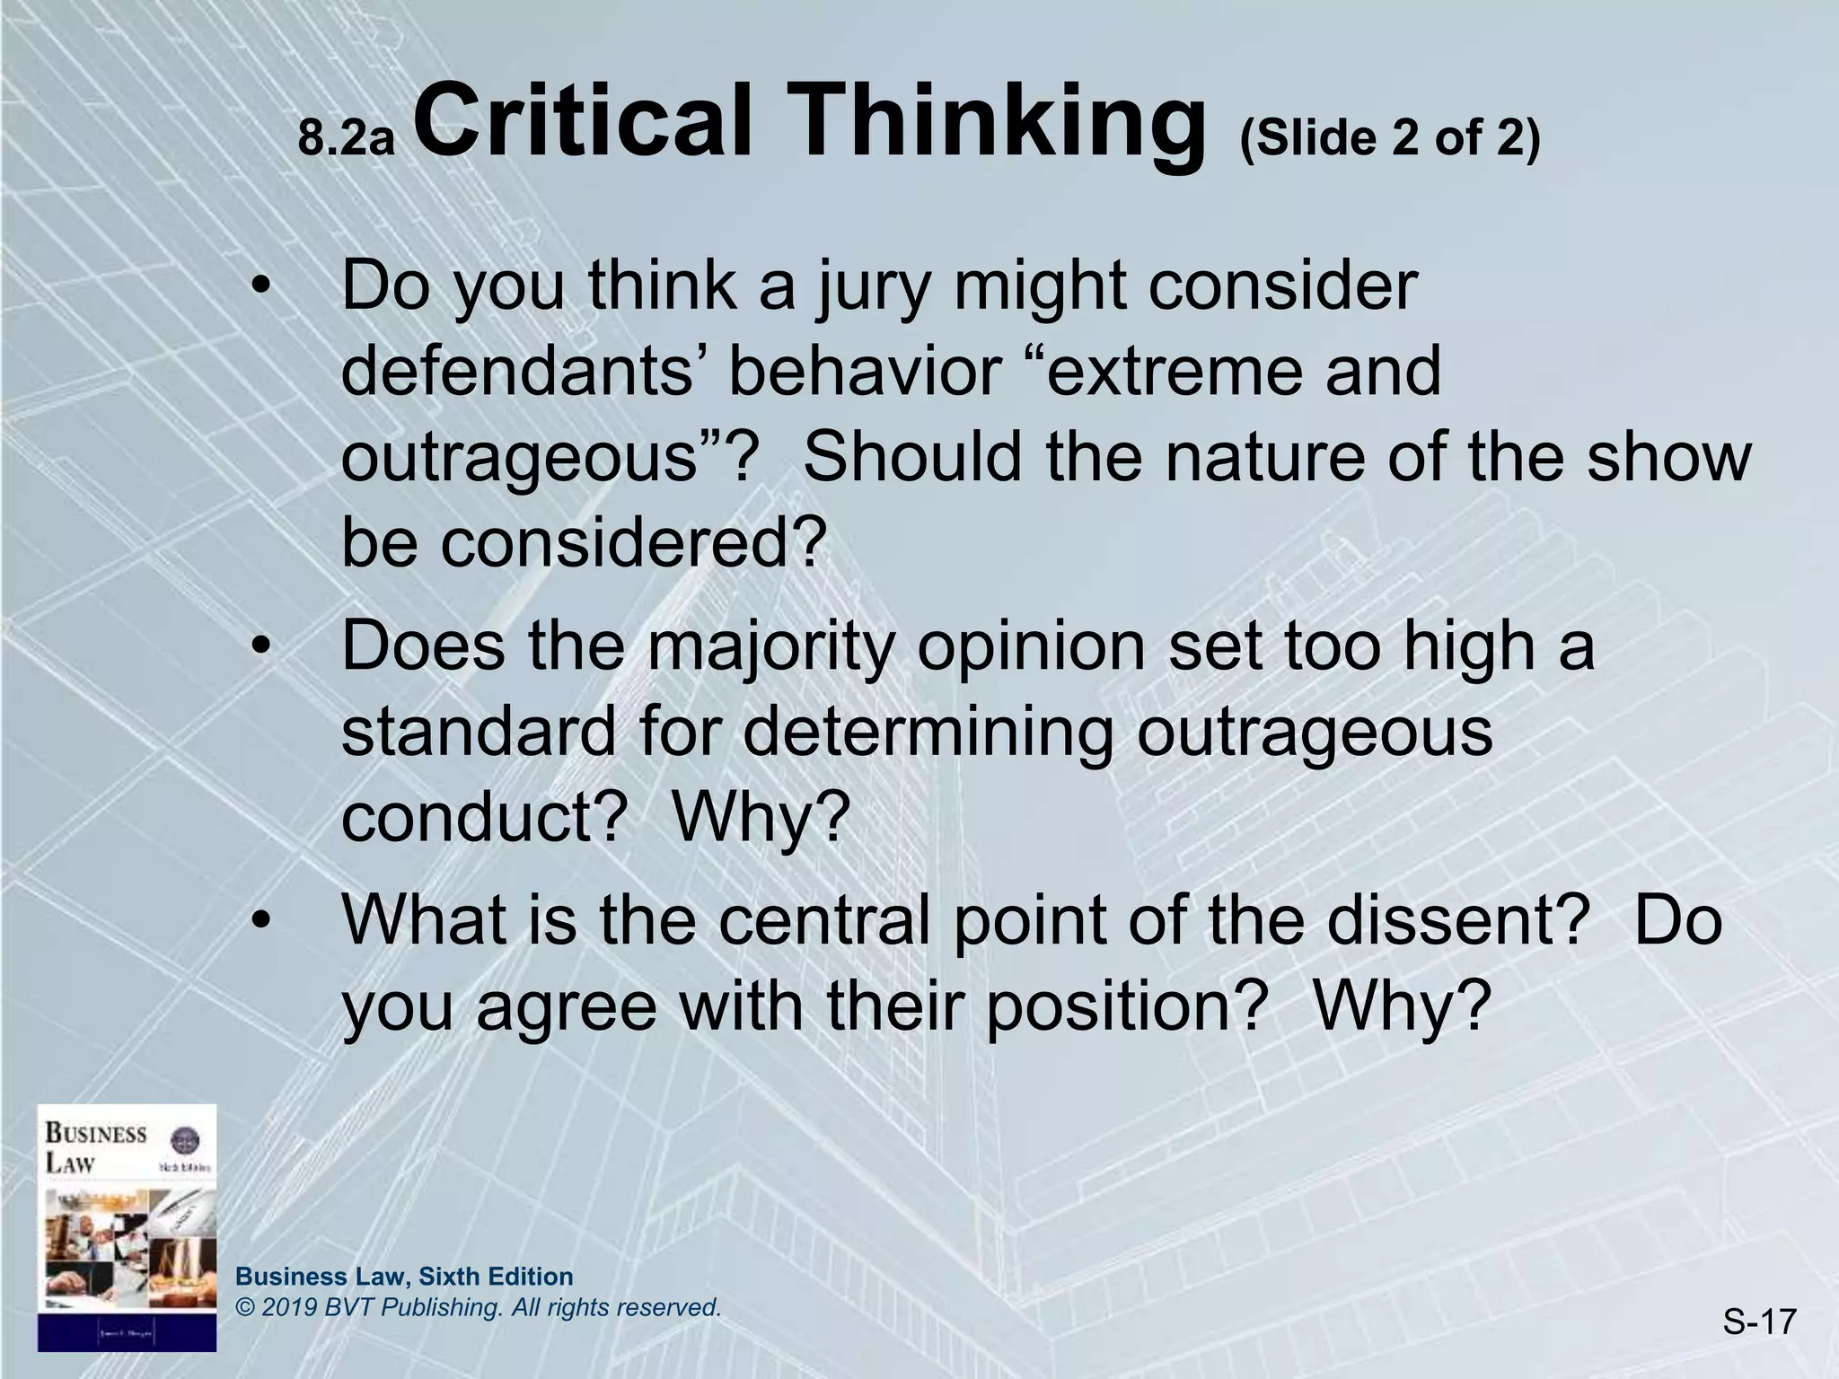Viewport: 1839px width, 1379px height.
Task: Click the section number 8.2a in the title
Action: click(347, 140)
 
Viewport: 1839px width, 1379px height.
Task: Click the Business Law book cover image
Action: click(127, 1226)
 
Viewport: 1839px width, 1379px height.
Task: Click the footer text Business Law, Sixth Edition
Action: click(404, 1276)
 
